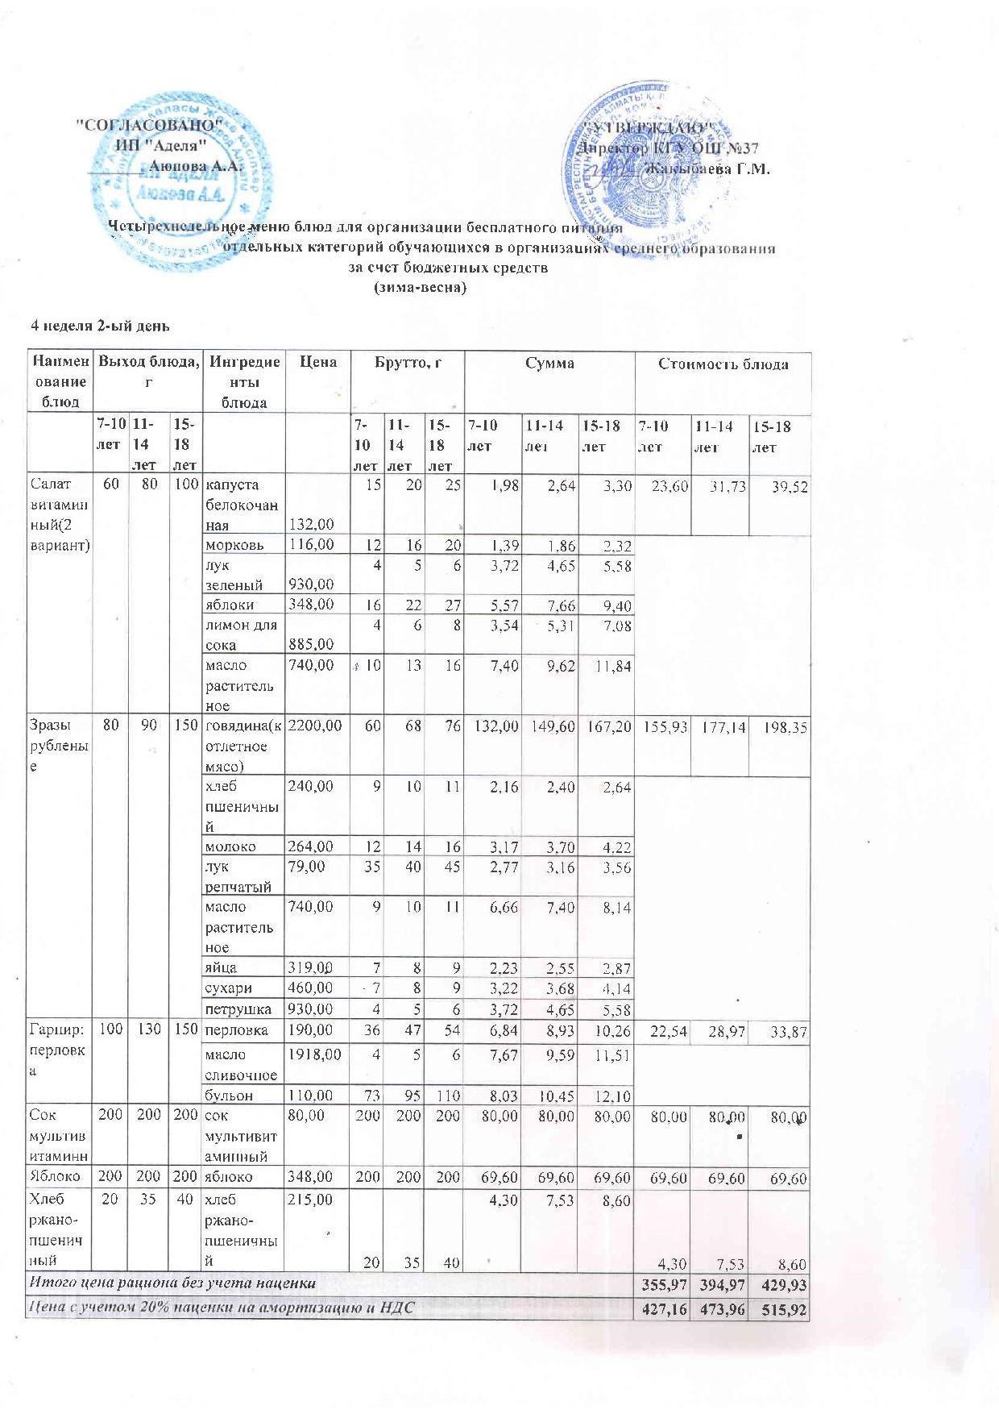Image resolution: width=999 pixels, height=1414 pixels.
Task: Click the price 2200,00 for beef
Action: (315, 726)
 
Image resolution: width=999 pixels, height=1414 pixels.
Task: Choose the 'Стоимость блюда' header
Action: (723, 364)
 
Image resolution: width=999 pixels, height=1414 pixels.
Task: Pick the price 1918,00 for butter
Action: (315, 1054)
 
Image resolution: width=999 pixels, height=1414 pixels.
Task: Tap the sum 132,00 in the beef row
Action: (495, 726)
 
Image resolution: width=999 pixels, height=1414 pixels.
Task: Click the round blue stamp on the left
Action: (181, 184)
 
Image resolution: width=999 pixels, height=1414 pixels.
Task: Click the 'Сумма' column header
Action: (549, 364)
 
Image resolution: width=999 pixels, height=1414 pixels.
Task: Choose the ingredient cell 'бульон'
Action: (230, 1096)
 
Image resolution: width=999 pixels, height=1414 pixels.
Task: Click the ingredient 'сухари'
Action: (230, 988)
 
